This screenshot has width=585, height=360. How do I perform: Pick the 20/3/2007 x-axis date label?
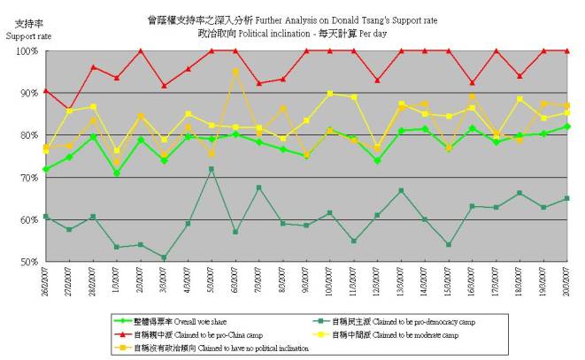pos(567,285)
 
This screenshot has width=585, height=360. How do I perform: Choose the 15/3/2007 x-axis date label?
pos(449,285)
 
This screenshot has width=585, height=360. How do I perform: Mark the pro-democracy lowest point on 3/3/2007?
pos(164,257)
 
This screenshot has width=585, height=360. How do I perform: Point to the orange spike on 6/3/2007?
pos(235,71)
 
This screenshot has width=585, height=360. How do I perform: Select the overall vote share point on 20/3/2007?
pos(567,126)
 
